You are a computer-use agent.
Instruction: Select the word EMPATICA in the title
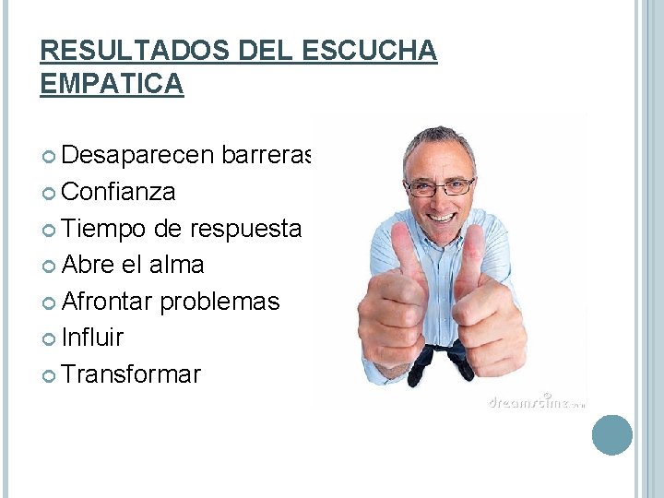pyautogui.click(x=112, y=84)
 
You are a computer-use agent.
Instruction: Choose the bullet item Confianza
pyautogui.click(x=119, y=193)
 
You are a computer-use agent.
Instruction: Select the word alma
pyautogui.click(x=176, y=265)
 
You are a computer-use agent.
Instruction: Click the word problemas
pyautogui.click(x=219, y=302)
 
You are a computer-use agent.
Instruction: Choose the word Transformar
pyautogui.click(x=131, y=374)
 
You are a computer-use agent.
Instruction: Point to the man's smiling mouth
pyautogui.click(x=443, y=218)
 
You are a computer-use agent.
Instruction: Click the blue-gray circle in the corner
pyautogui.click(x=611, y=434)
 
